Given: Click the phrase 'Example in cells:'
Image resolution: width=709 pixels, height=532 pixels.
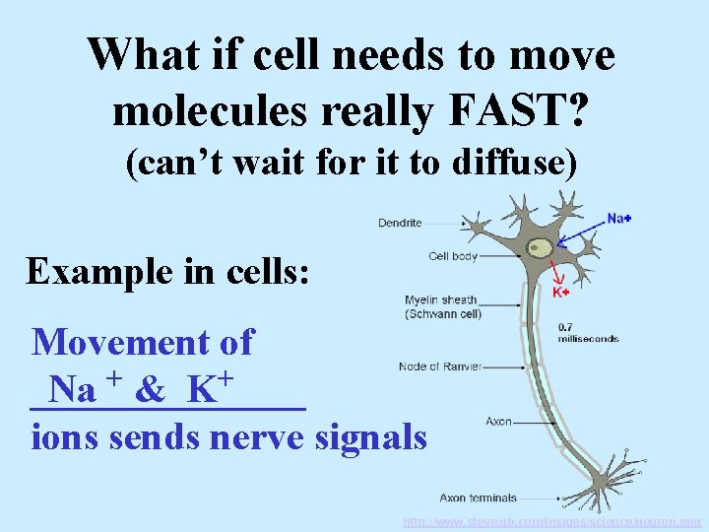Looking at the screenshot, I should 168,269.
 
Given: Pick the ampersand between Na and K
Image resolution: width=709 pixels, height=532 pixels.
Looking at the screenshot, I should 151,390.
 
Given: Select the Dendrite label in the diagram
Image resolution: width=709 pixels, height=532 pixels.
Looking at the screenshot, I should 400,223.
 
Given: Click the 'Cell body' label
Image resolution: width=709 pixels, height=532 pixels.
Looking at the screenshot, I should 453,256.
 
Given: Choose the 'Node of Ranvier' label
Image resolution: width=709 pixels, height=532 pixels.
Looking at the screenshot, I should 440,366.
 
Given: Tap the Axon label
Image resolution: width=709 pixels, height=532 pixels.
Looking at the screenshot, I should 498,422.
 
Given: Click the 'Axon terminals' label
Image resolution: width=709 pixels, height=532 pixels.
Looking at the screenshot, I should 478,499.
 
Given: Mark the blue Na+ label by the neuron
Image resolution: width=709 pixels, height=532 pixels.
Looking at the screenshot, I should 619,218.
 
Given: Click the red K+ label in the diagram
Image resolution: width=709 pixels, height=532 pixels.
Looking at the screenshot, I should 560,292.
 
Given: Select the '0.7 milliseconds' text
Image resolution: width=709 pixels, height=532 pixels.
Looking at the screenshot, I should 588,332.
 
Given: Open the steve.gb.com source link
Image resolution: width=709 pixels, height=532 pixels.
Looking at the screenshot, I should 551,520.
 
